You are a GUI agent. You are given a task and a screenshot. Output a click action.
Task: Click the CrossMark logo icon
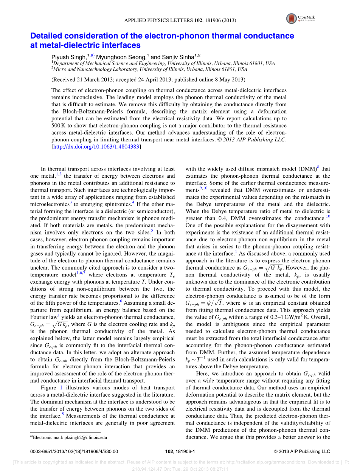292,18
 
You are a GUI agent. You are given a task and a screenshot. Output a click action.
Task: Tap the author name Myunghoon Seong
121,57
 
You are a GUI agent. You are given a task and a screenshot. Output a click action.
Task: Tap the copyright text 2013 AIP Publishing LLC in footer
304,451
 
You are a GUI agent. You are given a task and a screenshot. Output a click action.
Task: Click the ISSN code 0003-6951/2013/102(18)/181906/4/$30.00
74,451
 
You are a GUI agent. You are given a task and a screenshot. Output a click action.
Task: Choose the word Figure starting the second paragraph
49,388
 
